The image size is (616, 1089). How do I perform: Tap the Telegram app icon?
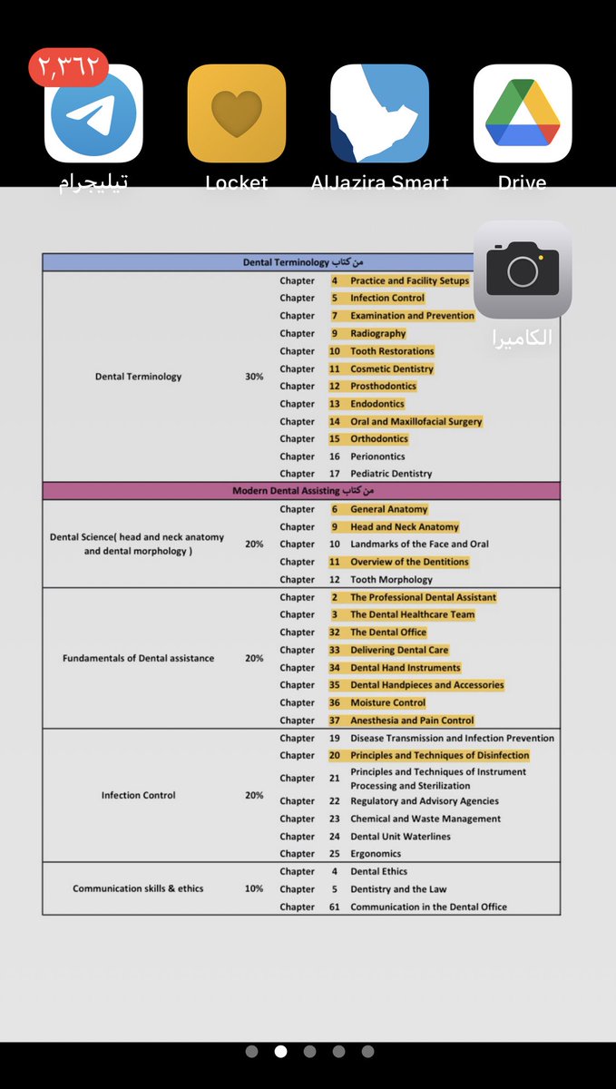pyautogui.click(x=93, y=113)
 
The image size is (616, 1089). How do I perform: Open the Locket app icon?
pyautogui.click(x=236, y=113)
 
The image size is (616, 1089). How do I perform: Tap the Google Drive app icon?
pyautogui.click(x=523, y=113)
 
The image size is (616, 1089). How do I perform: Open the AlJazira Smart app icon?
pyautogui.click(x=379, y=113)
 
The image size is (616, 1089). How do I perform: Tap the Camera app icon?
pyautogui.click(x=523, y=270)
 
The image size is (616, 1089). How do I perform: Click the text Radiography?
pyautogui.click(x=378, y=333)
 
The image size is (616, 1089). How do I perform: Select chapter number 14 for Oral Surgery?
pyautogui.click(x=335, y=421)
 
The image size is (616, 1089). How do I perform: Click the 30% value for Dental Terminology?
pyautogui.click(x=254, y=377)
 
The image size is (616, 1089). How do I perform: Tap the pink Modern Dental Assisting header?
pyautogui.click(x=301, y=491)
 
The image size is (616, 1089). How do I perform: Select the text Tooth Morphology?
pyautogui.click(x=391, y=579)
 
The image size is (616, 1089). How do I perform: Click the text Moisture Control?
pyautogui.click(x=387, y=702)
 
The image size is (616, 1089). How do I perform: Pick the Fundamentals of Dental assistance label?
pyautogui.click(x=138, y=658)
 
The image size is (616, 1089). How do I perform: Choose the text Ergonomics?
pyautogui.click(x=376, y=854)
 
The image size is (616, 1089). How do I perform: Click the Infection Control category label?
pyautogui.click(x=138, y=795)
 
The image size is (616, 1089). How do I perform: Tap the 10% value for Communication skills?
pyautogui.click(x=254, y=888)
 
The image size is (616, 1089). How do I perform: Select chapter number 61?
pyautogui.click(x=335, y=907)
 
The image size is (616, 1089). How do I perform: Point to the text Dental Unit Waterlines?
pyautogui.click(x=400, y=837)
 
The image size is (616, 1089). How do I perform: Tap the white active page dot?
pyautogui.click(x=280, y=1052)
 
